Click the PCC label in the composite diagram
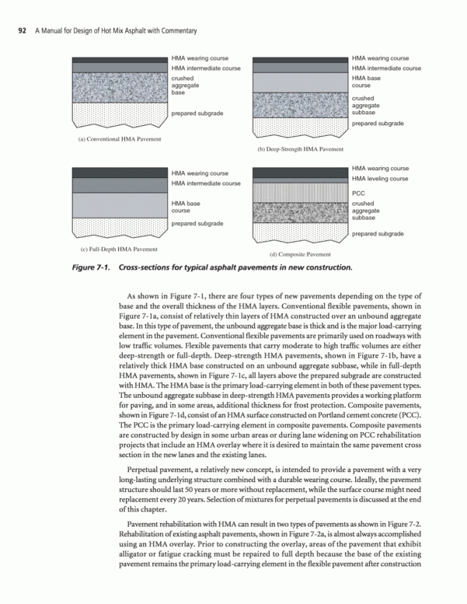358,193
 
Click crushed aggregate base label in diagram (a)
184,86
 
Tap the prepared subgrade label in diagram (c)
197,223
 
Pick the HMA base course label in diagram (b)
366,82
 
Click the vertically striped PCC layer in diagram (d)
298,193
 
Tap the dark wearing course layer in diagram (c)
119,172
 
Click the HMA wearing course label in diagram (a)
200,58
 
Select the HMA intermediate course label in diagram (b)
386,68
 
